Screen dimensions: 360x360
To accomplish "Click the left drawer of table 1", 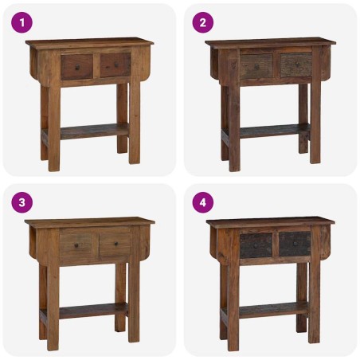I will (77, 65).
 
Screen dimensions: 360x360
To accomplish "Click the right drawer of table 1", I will (115, 65).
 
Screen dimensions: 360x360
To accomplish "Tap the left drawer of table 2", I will (257, 65).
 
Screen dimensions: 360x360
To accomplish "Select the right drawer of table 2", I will (295, 65).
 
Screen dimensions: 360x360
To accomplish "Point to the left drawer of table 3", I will (77, 245).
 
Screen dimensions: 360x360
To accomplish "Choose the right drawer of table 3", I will (115, 244).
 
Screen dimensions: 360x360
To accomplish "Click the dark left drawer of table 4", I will (256, 245).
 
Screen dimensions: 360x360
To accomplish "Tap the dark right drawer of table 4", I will (295, 244).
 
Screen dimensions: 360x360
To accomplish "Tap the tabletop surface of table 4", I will (271, 221).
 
